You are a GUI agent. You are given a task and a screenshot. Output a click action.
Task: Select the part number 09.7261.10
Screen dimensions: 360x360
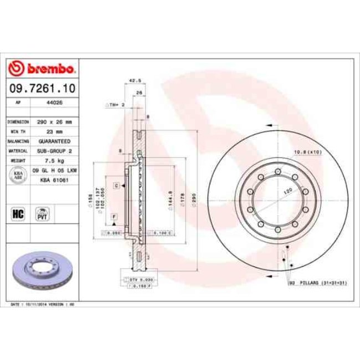[x=42, y=88]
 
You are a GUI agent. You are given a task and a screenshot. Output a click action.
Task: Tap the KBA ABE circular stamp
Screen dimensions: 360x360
[x=17, y=174]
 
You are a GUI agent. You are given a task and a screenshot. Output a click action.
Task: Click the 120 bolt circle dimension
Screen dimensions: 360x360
[x=288, y=190]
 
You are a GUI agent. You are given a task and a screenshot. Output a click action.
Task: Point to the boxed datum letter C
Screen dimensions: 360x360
[x=117, y=186]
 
